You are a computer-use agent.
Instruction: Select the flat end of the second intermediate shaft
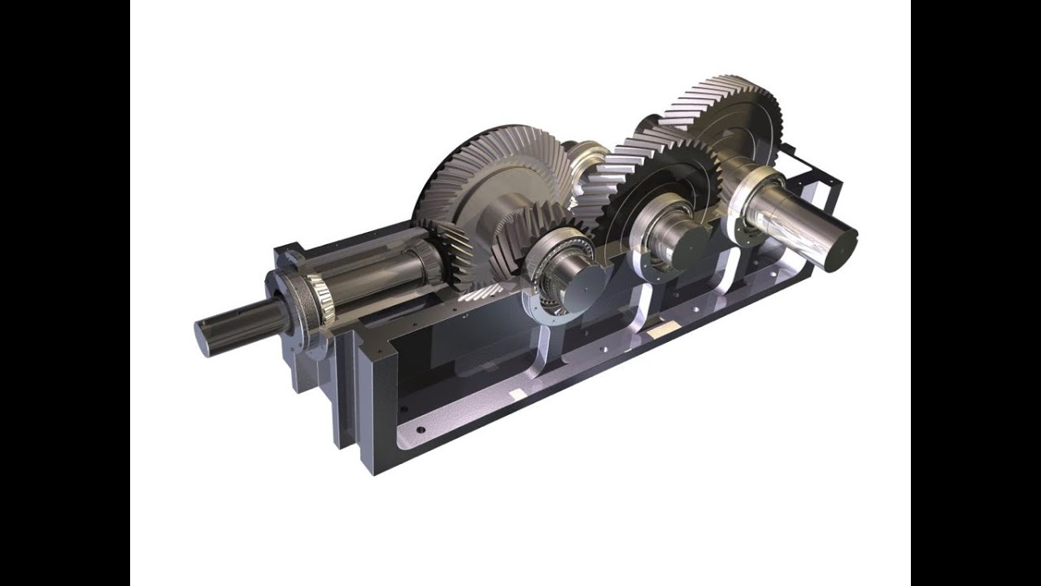click(x=690, y=245)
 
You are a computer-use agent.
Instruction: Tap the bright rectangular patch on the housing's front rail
click(x=517, y=394)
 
